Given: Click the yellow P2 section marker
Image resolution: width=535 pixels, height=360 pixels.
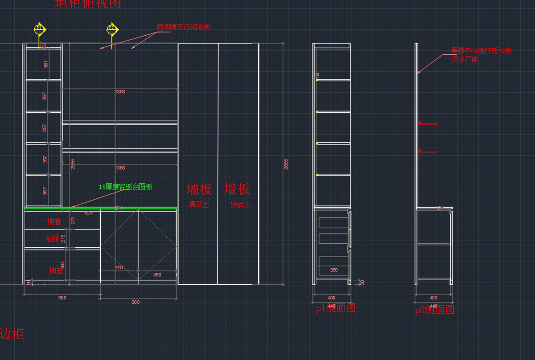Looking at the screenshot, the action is (x=112, y=29).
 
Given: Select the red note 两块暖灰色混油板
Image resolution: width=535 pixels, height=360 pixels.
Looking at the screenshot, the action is (x=183, y=27).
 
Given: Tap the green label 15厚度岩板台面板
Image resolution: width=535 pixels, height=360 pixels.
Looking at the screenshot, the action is (x=125, y=187).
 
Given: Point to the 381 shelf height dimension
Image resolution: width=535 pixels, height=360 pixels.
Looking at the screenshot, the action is (x=45, y=64).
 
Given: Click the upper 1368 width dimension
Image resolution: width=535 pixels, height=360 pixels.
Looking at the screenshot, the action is (x=119, y=92).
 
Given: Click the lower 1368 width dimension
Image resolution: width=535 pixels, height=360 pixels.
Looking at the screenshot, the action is (x=119, y=168).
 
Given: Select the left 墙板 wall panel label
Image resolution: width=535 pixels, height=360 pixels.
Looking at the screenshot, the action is (x=199, y=189).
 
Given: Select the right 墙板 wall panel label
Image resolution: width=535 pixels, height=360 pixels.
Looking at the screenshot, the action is (x=237, y=189).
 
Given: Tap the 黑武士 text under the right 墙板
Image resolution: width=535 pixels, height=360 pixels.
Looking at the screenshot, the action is (x=240, y=205).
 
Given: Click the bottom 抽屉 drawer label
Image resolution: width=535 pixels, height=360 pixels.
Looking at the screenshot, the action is (x=56, y=270).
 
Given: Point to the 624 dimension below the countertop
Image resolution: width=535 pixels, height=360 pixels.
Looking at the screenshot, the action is (x=89, y=213).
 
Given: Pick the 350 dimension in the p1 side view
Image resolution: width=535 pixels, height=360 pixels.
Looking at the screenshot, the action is (x=333, y=270).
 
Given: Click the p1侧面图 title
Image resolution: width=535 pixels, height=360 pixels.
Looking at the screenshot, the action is (x=335, y=308).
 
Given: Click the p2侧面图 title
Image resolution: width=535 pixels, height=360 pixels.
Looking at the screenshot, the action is (x=434, y=310).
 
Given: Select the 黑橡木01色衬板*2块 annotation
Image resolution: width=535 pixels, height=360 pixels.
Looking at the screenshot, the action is (x=481, y=51).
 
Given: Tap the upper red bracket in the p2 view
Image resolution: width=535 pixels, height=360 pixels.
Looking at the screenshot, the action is (x=428, y=123).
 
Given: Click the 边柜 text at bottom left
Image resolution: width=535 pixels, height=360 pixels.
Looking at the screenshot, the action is (x=12, y=334).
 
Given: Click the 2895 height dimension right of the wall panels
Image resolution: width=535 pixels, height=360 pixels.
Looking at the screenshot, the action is (x=286, y=164).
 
